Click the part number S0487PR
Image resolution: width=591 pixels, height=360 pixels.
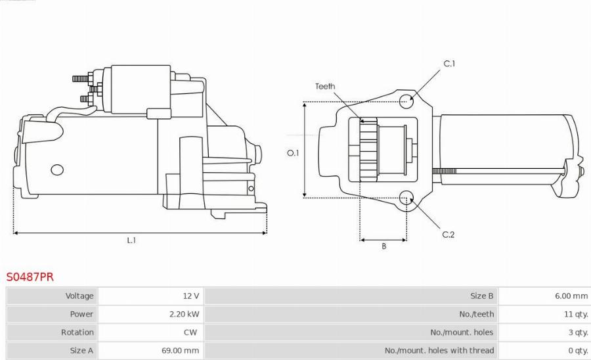tap(30, 277)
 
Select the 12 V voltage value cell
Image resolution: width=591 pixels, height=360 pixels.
tap(191, 296)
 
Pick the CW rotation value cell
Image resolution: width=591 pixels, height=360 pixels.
tap(190, 332)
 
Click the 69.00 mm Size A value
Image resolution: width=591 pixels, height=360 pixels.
tap(180, 351)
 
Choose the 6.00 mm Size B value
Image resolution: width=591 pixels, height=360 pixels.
tap(571, 296)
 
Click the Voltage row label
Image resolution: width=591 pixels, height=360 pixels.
tap(79, 296)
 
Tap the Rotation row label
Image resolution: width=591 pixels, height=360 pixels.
tap(77, 332)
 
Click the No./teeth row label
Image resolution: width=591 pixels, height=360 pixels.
tap(476, 314)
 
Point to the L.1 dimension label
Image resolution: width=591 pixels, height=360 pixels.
tap(131, 240)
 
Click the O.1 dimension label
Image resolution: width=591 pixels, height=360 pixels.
tap(293, 153)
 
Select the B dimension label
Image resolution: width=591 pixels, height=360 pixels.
tap(383, 246)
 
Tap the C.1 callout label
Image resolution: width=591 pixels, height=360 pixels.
tap(449, 64)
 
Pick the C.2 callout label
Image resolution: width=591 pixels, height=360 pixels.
tap(449, 235)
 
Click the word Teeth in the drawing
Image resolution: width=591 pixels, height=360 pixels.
tap(325, 86)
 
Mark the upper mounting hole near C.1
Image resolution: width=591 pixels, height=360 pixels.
tap(406, 101)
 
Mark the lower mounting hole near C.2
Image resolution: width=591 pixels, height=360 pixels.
tap(406, 197)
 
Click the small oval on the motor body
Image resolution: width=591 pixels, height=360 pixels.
tap(57, 169)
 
